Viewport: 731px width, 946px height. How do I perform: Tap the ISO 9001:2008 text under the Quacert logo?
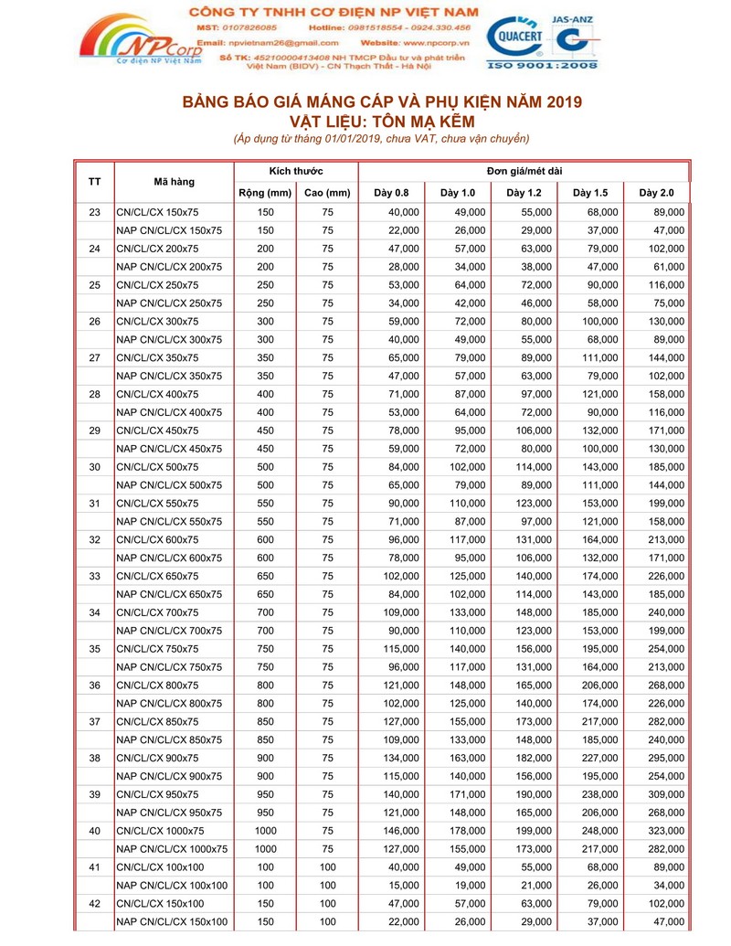pos(543,66)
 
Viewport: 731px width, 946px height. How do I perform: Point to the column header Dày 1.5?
pos(590,193)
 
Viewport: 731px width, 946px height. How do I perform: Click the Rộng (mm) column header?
pos(265,193)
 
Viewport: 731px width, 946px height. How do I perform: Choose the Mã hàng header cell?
pos(174,182)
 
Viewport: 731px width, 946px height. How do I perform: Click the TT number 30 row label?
pos(94,467)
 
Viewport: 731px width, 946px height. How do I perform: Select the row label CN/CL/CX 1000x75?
pos(161,831)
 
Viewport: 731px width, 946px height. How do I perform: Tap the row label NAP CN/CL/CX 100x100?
pos(173,886)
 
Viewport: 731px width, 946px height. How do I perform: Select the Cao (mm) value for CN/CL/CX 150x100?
pos(327,904)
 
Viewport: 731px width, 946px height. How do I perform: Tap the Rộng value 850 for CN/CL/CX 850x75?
pos(265,722)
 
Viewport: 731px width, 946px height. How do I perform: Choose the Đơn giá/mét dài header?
pos(524,172)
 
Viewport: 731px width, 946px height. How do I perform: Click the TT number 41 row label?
pos(94,867)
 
